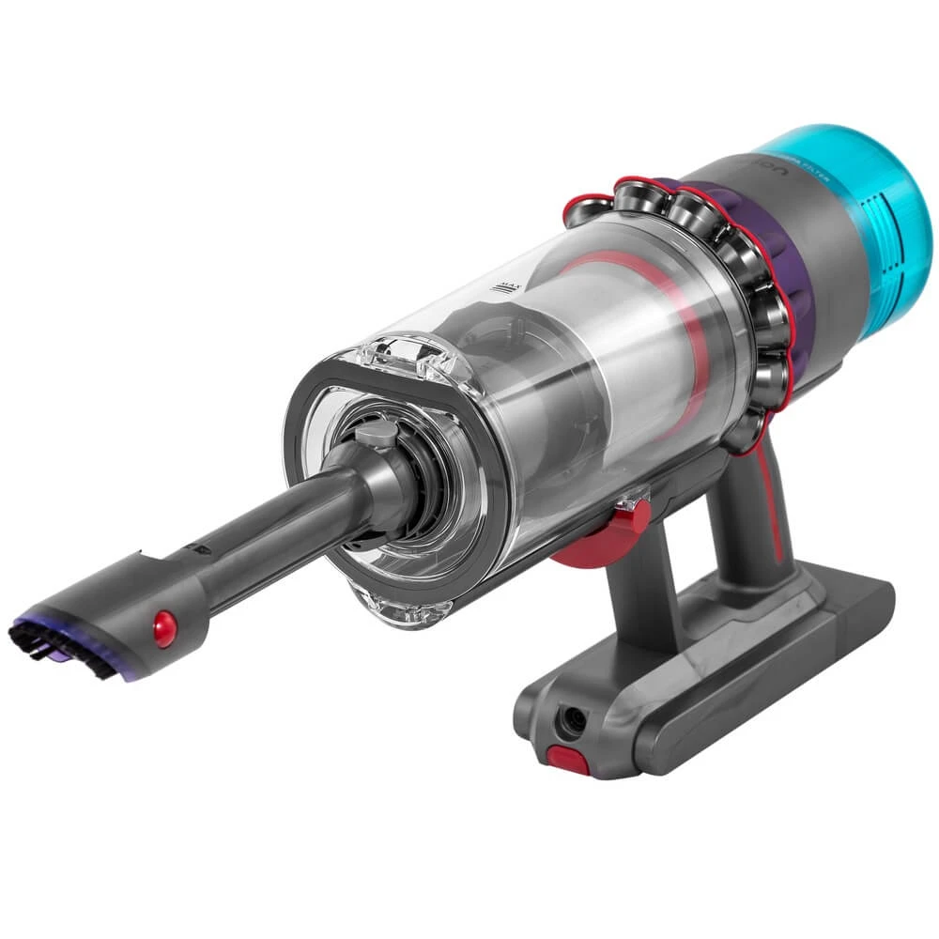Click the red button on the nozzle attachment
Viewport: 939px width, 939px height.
(165, 624)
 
